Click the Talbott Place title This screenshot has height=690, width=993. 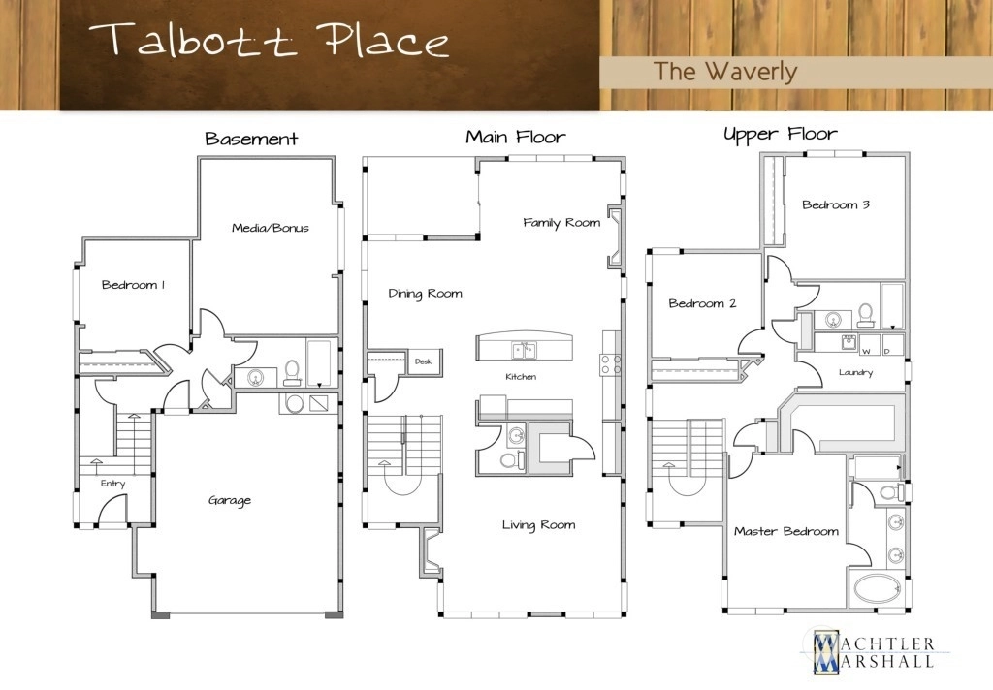(270, 41)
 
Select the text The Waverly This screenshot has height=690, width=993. (725, 72)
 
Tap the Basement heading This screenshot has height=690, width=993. (251, 139)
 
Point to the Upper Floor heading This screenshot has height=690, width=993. (781, 134)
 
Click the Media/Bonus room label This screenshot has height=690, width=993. (271, 228)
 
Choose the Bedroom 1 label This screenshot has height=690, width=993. (133, 285)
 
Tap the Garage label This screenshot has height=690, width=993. (230, 501)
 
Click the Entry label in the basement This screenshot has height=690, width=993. (112, 484)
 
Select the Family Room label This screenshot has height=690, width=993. (561, 223)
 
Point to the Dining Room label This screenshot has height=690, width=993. (425, 294)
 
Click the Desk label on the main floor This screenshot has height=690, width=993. (423, 361)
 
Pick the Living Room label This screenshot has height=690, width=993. (539, 525)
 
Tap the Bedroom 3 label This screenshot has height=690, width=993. (835, 204)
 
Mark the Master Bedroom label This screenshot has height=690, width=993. (785, 531)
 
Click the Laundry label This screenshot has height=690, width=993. (855, 373)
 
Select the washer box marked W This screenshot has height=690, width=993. (867, 345)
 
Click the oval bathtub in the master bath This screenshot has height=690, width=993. (877, 588)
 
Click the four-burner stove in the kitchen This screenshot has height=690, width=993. (611, 364)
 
